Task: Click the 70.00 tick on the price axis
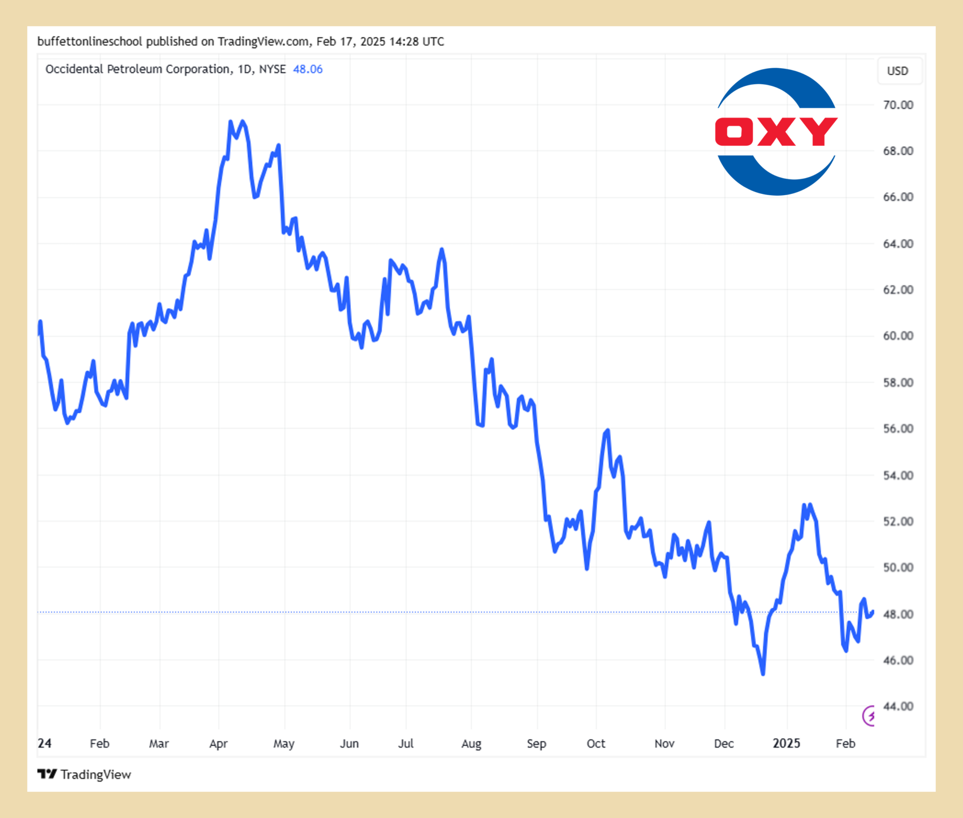coord(898,105)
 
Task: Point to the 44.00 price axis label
coord(898,706)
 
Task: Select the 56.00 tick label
coord(898,429)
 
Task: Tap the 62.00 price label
coord(898,290)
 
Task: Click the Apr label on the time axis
coord(218,744)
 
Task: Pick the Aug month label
coord(471,744)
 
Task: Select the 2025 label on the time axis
coord(786,743)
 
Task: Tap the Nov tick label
coord(664,744)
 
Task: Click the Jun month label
coord(349,744)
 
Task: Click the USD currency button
coord(898,71)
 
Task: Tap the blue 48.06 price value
coord(308,69)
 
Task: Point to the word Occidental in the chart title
coord(74,69)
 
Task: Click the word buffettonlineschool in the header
coord(89,41)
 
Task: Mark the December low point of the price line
coord(763,674)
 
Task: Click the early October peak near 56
coord(608,430)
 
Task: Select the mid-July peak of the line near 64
coord(442,249)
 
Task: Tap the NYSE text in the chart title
coord(272,69)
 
